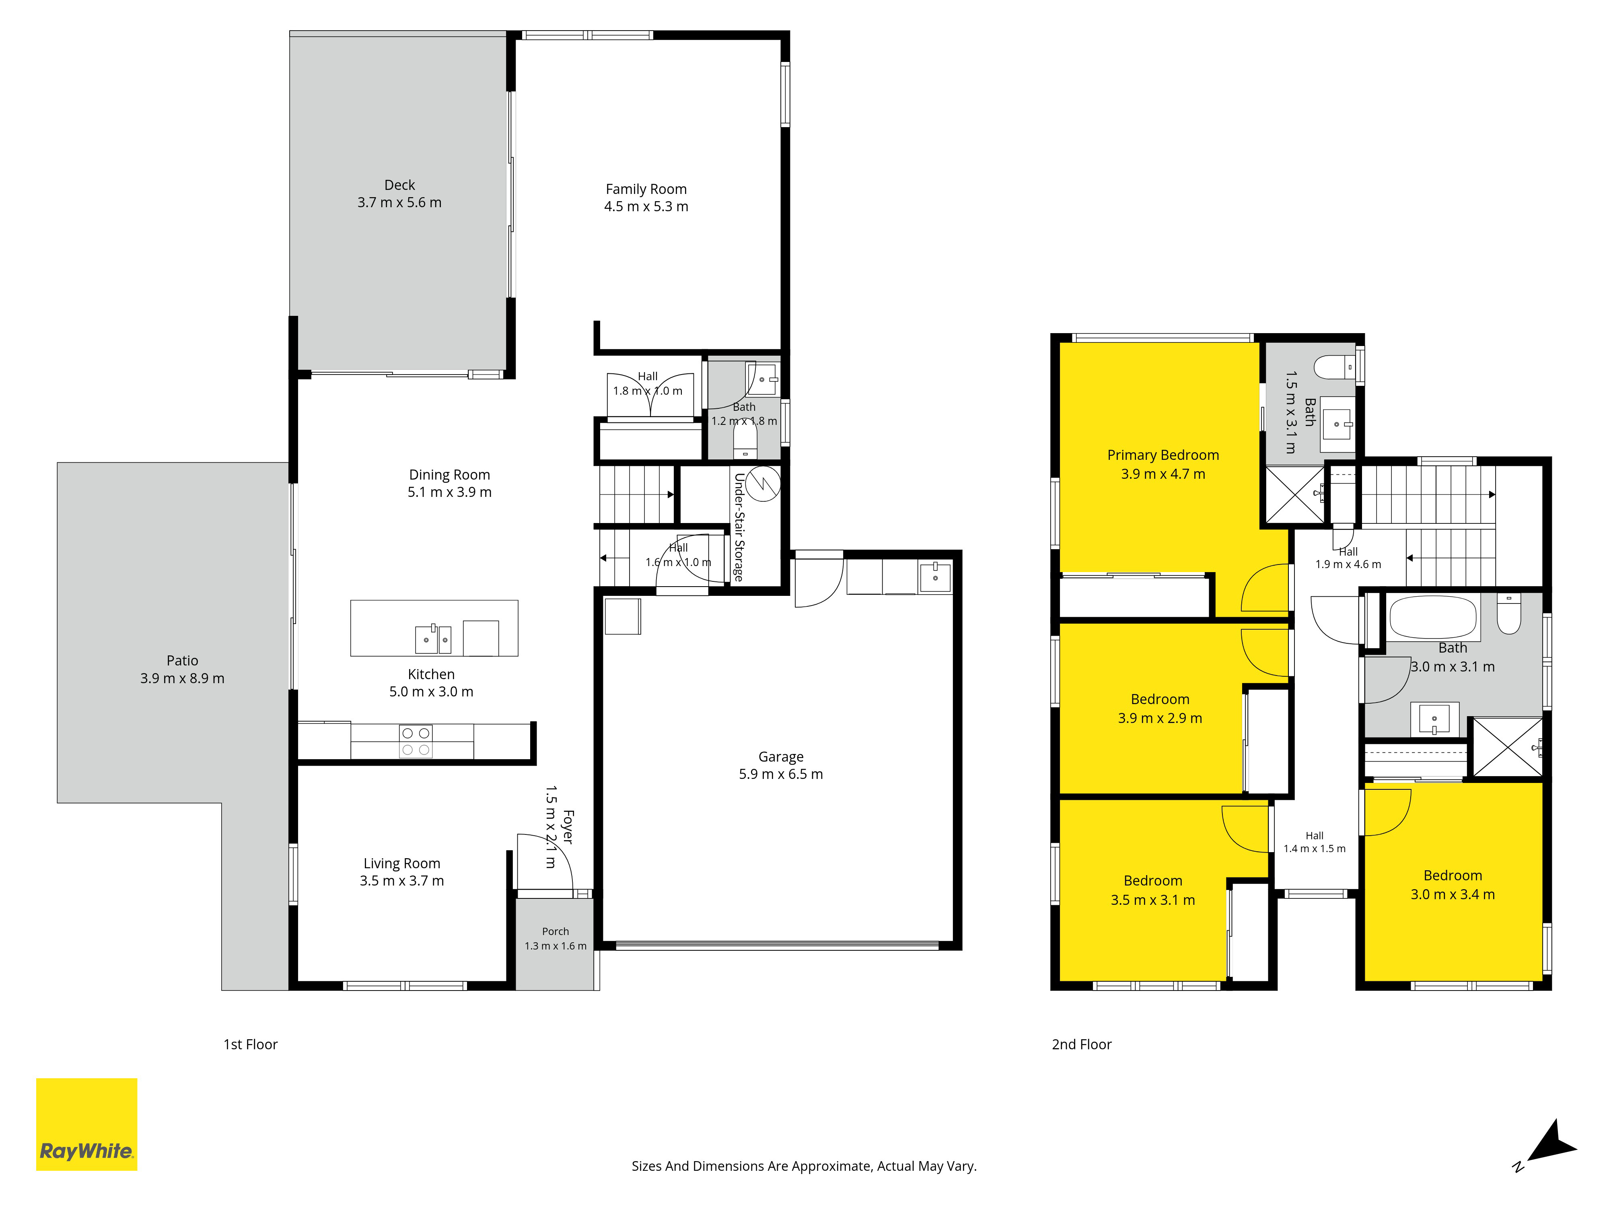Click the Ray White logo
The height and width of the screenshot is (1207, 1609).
(x=86, y=1124)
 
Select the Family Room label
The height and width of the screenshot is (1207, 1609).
(x=646, y=189)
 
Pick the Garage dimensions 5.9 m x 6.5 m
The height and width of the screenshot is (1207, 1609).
(x=780, y=774)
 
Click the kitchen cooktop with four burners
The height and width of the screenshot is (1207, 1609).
(x=416, y=742)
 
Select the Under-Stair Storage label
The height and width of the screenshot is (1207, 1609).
(x=739, y=527)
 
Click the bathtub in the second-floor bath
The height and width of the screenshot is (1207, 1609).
(x=1432, y=617)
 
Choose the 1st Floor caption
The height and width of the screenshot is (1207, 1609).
(x=250, y=1045)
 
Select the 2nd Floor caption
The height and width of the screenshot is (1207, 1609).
(x=1082, y=1045)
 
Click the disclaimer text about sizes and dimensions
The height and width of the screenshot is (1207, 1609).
(x=804, y=1166)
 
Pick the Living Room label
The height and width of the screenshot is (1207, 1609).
(x=401, y=863)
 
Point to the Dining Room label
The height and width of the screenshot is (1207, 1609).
(x=450, y=475)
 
